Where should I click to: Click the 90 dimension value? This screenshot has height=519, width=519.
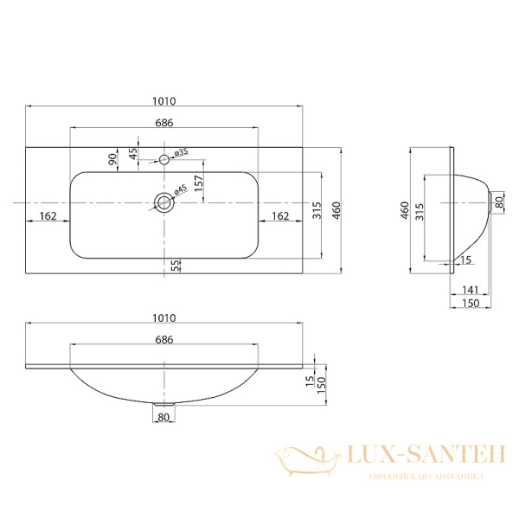point(112,159)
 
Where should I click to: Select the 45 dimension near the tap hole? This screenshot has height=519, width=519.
point(132,153)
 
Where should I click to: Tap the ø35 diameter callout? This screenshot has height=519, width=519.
point(182,153)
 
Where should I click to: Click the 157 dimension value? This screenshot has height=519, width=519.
point(198,183)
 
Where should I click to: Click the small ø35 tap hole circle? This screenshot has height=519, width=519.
point(163,159)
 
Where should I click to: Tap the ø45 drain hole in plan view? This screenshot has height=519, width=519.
point(163,202)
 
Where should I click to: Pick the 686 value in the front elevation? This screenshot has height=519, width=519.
point(163,340)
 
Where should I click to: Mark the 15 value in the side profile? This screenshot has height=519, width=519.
point(465,259)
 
